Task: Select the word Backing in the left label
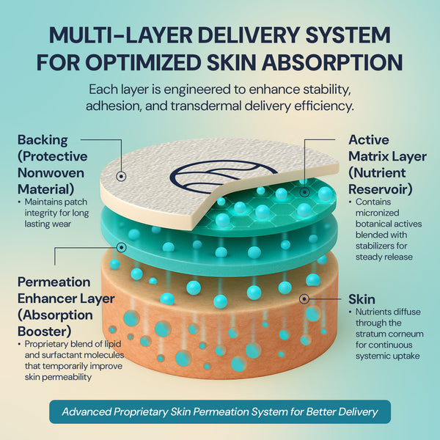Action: pos(43,139)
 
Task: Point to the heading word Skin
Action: pos(362,299)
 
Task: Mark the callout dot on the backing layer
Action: pos(120,177)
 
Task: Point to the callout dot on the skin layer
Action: pos(304,299)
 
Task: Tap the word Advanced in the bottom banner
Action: pos(87,411)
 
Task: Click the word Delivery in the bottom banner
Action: pos(354,411)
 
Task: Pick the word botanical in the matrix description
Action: pos(374,225)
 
